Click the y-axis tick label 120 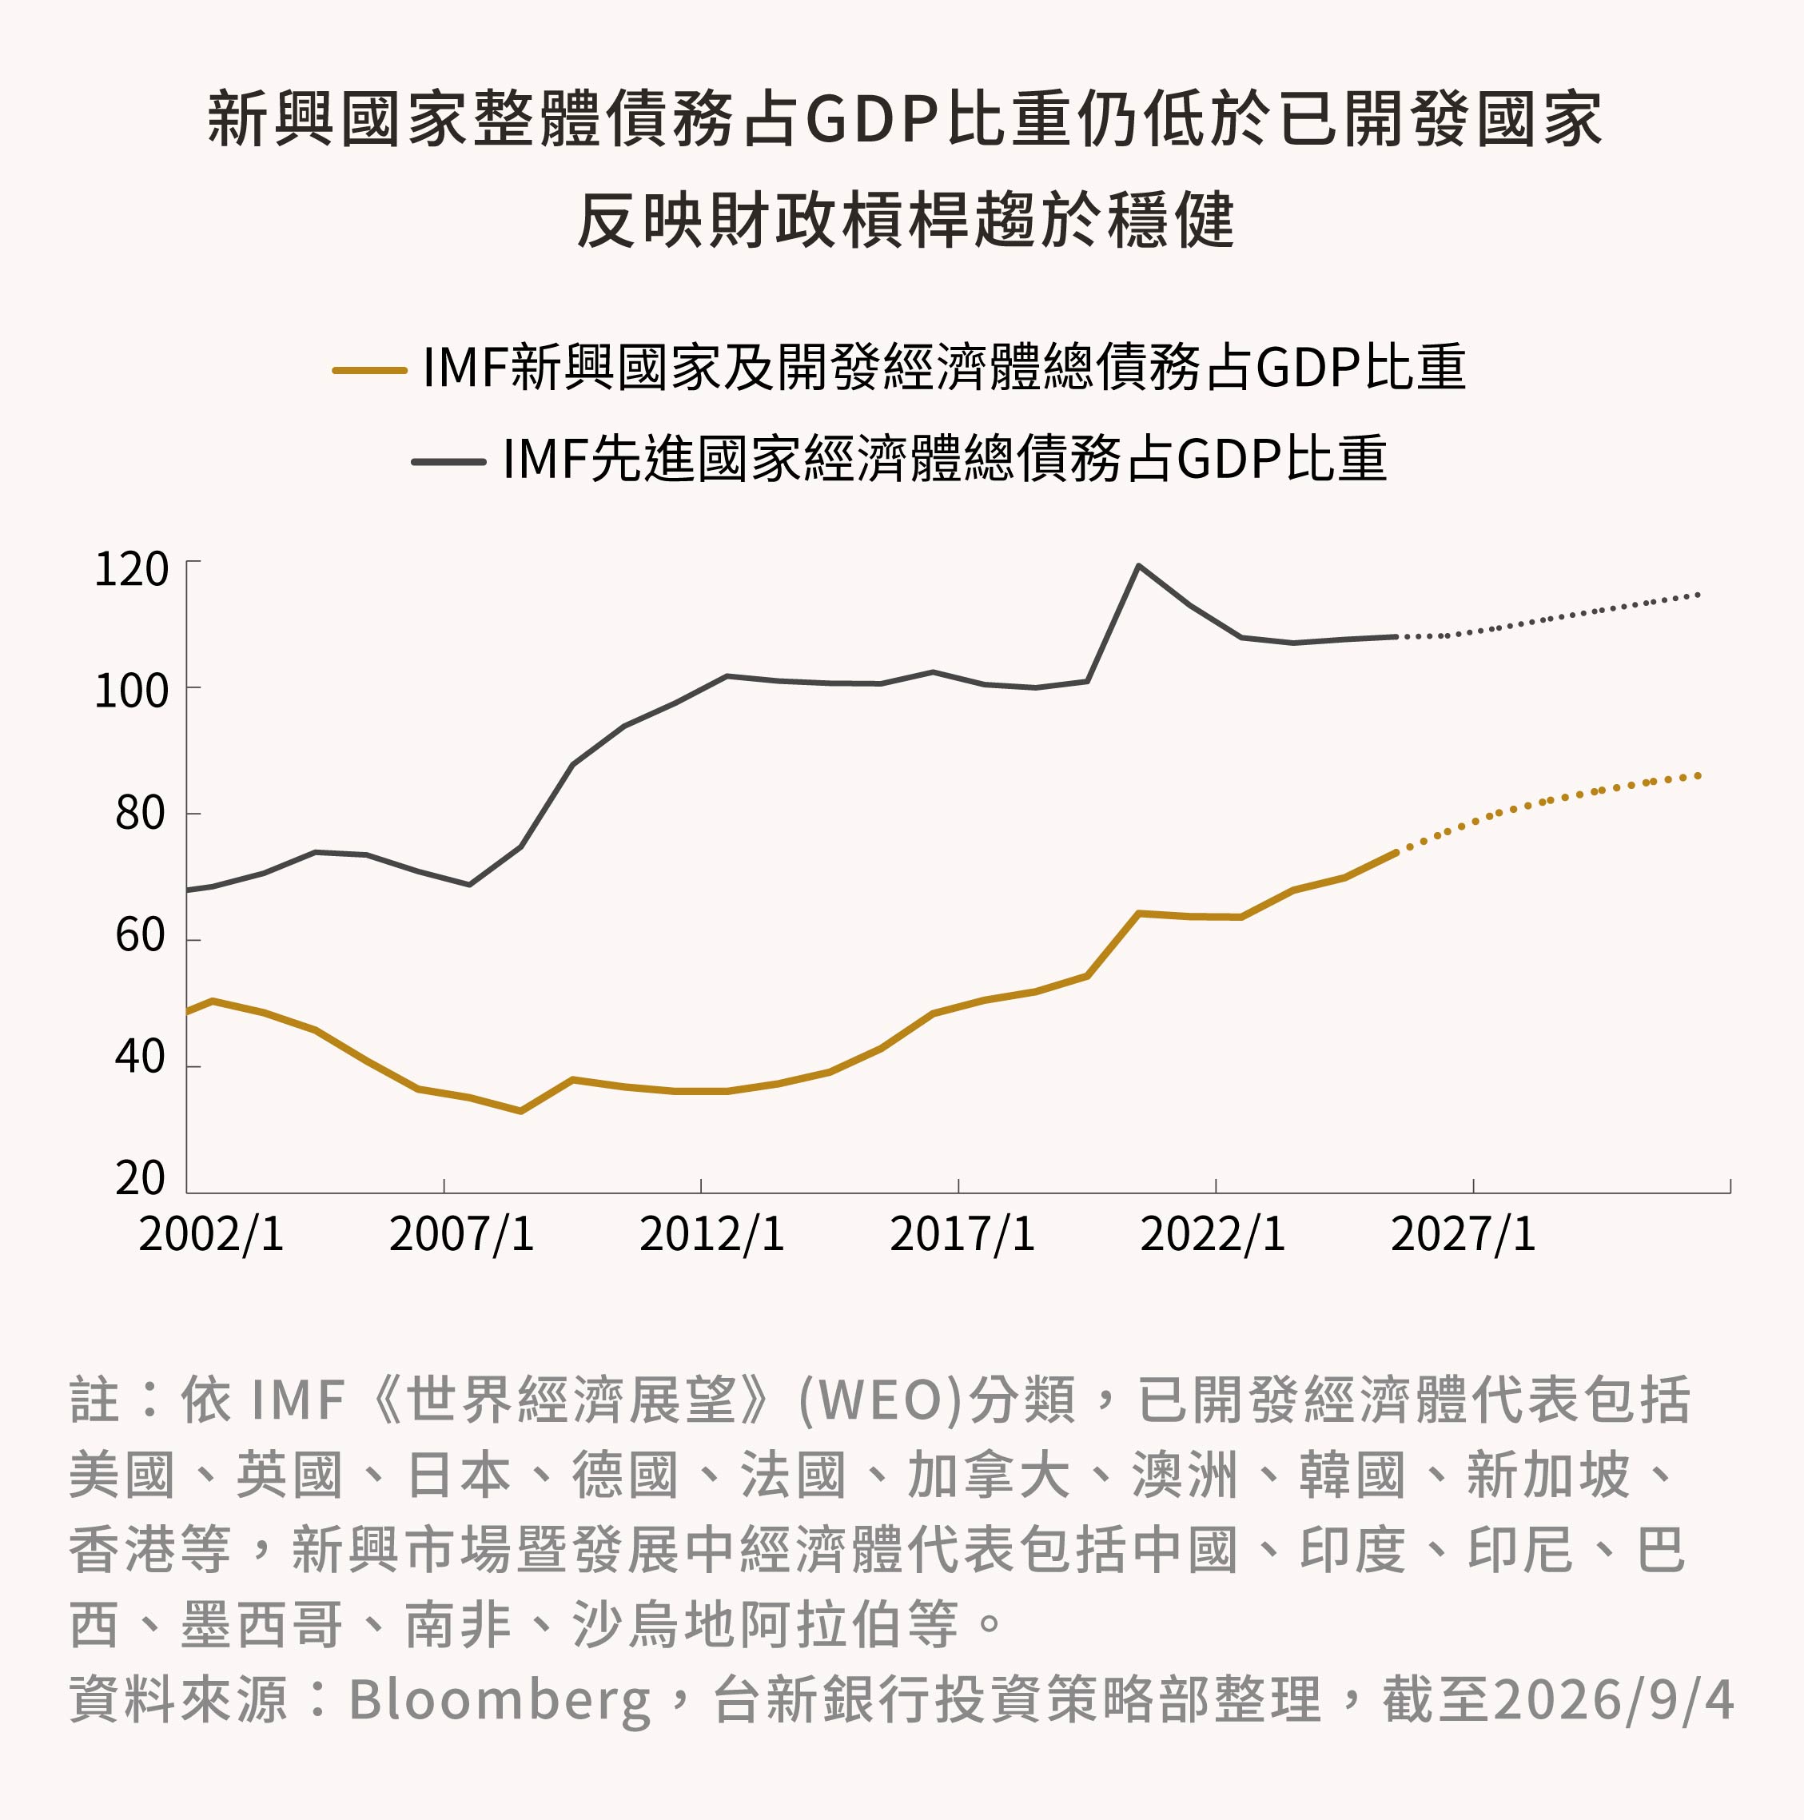(x=132, y=570)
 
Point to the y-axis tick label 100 (x=132, y=691)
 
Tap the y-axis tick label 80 (x=141, y=813)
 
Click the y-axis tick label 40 (x=141, y=1057)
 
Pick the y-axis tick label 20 (x=141, y=1178)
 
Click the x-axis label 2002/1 (x=211, y=1235)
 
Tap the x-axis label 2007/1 (x=462, y=1235)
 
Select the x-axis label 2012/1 (x=712, y=1235)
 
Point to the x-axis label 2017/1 (x=963, y=1235)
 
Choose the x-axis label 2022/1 (x=1213, y=1235)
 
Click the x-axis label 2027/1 (x=1463, y=1235)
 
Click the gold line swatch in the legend (x=369, y=370)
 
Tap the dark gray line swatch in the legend (x=448, y=462)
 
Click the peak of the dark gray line (x=1139, y=565)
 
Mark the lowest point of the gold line (x=521, y=1112)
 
